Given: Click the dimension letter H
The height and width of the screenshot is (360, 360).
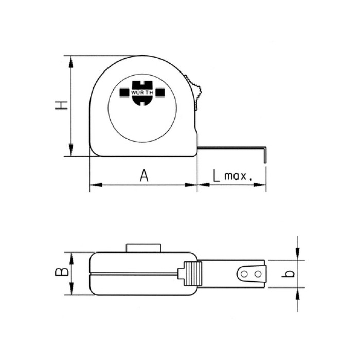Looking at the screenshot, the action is (x=62, y=105).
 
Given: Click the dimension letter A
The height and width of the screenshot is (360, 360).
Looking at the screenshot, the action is (x=144, y=175).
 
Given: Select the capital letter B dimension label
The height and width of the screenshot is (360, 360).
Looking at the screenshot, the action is (x=62, y=272).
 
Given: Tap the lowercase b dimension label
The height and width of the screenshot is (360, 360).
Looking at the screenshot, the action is (x=289, y=274).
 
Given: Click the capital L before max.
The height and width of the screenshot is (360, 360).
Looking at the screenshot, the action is (x=217, y=175).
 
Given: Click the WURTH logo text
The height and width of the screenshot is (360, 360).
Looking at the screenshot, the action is (x=142, y=93).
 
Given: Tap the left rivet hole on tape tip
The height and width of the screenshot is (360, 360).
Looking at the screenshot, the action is (x=244, y=274).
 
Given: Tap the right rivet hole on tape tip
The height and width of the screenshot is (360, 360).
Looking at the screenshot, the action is (x=258, y=274).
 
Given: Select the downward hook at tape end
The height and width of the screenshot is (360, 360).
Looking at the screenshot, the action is (x=265, y=154).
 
